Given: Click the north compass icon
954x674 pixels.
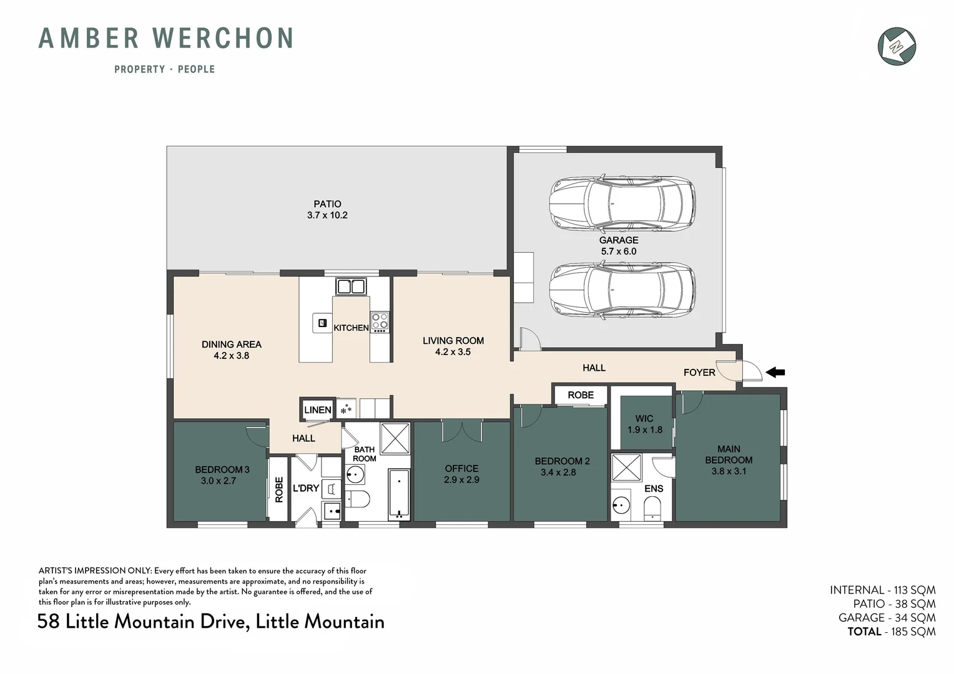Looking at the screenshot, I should pos(897,46).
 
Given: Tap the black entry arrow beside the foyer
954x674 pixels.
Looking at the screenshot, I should pos(775,373).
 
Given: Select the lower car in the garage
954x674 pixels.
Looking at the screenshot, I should pos(621,291).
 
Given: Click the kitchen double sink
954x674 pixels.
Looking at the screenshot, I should pos(350,286).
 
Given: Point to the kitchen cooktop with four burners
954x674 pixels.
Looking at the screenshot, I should pos(380,321).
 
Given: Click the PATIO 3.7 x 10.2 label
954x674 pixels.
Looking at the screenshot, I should pos(327,210).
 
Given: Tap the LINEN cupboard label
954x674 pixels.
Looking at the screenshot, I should pos(317,409).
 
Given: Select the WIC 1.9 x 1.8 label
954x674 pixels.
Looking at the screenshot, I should pos(644,424).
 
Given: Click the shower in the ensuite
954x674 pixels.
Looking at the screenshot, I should pos(626,468).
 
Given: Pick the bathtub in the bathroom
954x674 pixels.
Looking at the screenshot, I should pos(399,494).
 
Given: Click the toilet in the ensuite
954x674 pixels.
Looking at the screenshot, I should pos(652,507).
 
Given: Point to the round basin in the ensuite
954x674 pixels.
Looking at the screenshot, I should pos(621,505).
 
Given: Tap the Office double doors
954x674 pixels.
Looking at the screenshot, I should pos(461,431).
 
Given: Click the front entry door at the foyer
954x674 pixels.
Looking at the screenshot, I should pos(746,372).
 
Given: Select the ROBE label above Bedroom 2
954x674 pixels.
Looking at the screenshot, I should pos(580,395).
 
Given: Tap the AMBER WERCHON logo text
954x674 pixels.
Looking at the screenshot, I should pos(166,38).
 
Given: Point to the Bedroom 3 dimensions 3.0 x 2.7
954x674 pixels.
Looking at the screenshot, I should pos(218,481).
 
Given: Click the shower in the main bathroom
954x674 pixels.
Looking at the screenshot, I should pos(395,437).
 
